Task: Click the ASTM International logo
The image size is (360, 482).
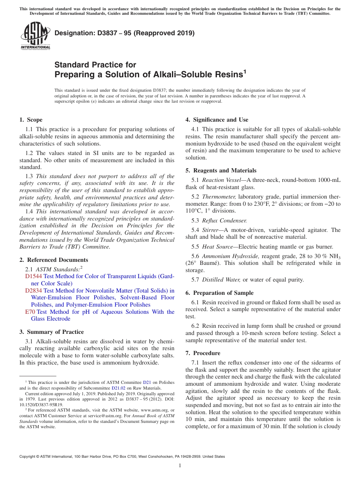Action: [x=35, y=36]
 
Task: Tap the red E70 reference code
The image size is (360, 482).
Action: [x=30, y=312]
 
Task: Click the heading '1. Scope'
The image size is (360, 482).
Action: [x=31, y=120]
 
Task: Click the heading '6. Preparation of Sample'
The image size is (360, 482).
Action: [x=219, y=293]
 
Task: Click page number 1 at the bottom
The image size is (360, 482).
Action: [x=180, y=465]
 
